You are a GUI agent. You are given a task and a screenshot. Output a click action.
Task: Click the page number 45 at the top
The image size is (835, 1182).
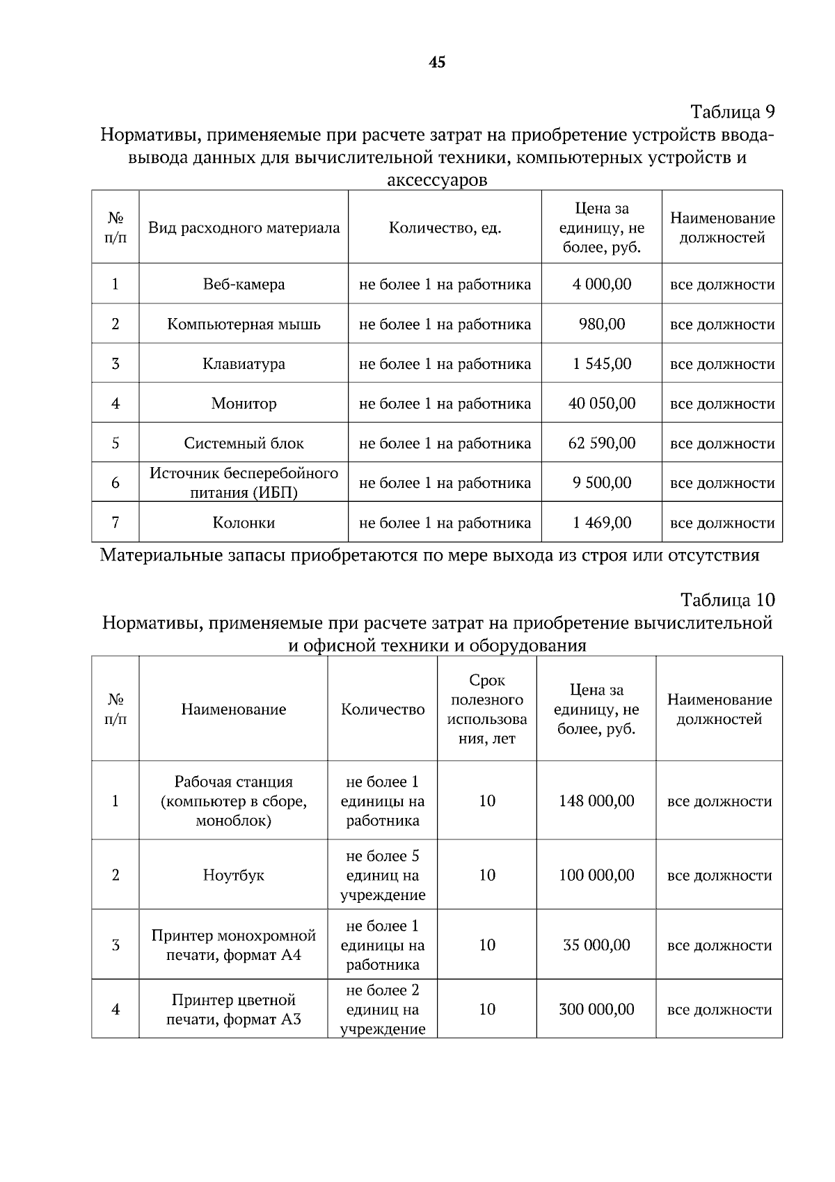[x=437, y=63]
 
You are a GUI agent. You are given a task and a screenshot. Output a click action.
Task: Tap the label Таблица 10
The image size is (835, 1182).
[x=727, y=600]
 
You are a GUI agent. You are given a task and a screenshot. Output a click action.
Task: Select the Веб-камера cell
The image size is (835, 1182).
[x=244, y=284]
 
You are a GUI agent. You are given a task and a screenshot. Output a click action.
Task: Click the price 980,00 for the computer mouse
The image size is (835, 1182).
[x=602, y=324]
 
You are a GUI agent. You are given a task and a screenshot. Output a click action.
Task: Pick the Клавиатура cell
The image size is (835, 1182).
[x=244, y=363]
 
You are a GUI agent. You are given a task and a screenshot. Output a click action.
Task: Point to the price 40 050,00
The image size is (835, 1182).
[x=602, y=403]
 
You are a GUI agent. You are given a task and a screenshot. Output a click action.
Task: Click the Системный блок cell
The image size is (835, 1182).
[x=244, y=443]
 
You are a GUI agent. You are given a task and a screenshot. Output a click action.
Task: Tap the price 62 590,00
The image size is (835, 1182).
[x=602, y=443]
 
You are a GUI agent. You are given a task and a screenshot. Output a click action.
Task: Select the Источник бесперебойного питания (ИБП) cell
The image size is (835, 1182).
[x=244, y=482]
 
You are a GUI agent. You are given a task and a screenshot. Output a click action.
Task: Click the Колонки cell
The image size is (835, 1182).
[x=244, y=522]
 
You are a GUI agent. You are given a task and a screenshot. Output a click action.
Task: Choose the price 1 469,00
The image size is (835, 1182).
[x=602, y=522]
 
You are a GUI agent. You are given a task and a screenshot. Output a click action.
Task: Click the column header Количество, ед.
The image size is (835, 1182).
[x=445, y=228]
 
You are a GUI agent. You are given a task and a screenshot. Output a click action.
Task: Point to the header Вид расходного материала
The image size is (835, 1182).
[x=244, y=228]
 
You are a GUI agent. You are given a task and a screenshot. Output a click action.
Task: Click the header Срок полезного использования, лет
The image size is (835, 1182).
[x=487, y=709]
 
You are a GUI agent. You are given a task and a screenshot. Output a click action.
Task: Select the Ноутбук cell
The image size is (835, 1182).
[x=234, y=875]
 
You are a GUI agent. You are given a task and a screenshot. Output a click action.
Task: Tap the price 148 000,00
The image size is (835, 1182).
[x=596, y=801]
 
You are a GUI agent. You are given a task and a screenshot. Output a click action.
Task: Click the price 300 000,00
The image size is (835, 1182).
[x=596, y=1009]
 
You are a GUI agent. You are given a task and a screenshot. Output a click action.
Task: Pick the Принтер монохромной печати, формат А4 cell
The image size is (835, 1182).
[x=234, y=945]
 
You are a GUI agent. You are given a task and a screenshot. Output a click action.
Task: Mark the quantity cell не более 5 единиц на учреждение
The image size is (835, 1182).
[x=383, y=875]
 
